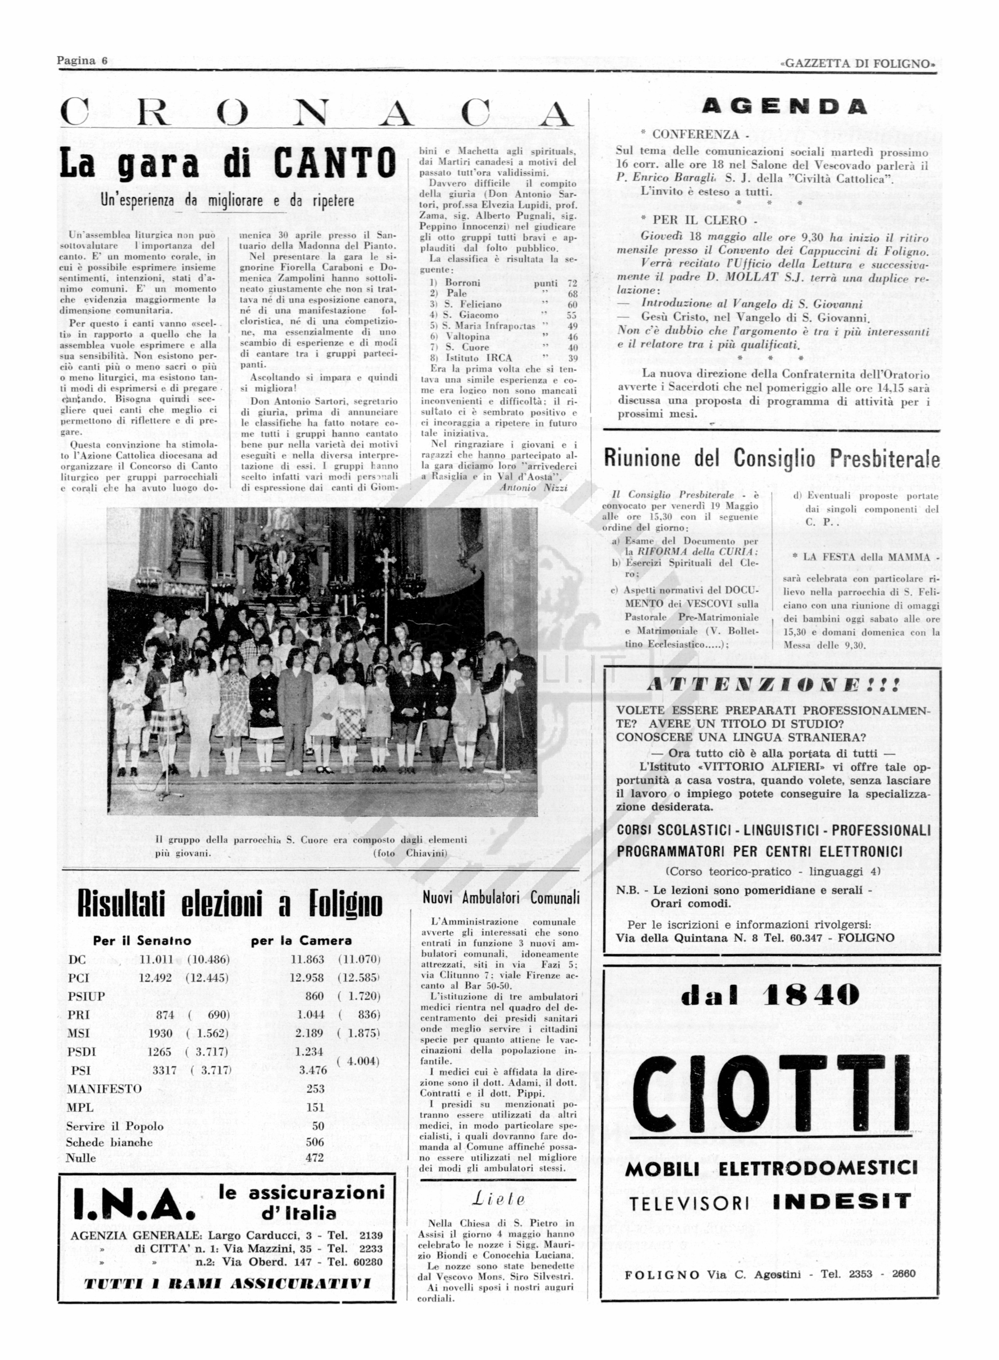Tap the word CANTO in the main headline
point(334,164)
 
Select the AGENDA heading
point(784,107)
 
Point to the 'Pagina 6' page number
point(82,60)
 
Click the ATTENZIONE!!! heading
point(773,686)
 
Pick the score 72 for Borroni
point(572,283)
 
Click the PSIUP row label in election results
point(86,996)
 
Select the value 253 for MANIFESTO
point(316,1089)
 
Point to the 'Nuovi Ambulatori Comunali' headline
point(501,898)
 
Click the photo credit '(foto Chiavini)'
point(411,853)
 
